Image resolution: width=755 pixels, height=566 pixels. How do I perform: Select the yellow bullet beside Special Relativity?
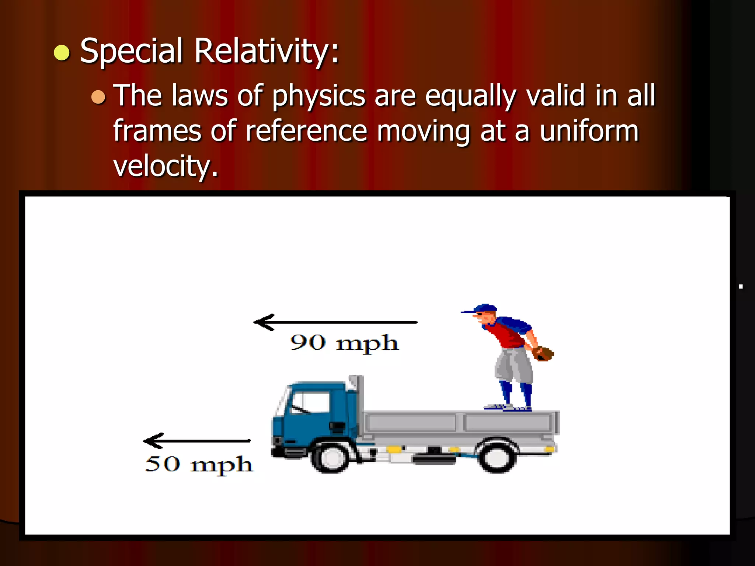click(62, 52)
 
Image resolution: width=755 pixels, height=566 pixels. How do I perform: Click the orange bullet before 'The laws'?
click(98, 97)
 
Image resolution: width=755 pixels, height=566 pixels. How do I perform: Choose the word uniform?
click(589, 131)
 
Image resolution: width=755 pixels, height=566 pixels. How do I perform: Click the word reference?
click(306, 131)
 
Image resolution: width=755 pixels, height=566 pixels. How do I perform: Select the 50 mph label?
click(199, 464)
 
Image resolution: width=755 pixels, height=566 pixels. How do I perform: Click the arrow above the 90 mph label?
click(335, 322)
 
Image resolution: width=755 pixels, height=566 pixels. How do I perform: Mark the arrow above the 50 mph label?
click(197, 440)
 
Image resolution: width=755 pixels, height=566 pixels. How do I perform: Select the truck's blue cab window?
click(310, 402)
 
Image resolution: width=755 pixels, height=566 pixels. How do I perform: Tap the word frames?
click(157, 131)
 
